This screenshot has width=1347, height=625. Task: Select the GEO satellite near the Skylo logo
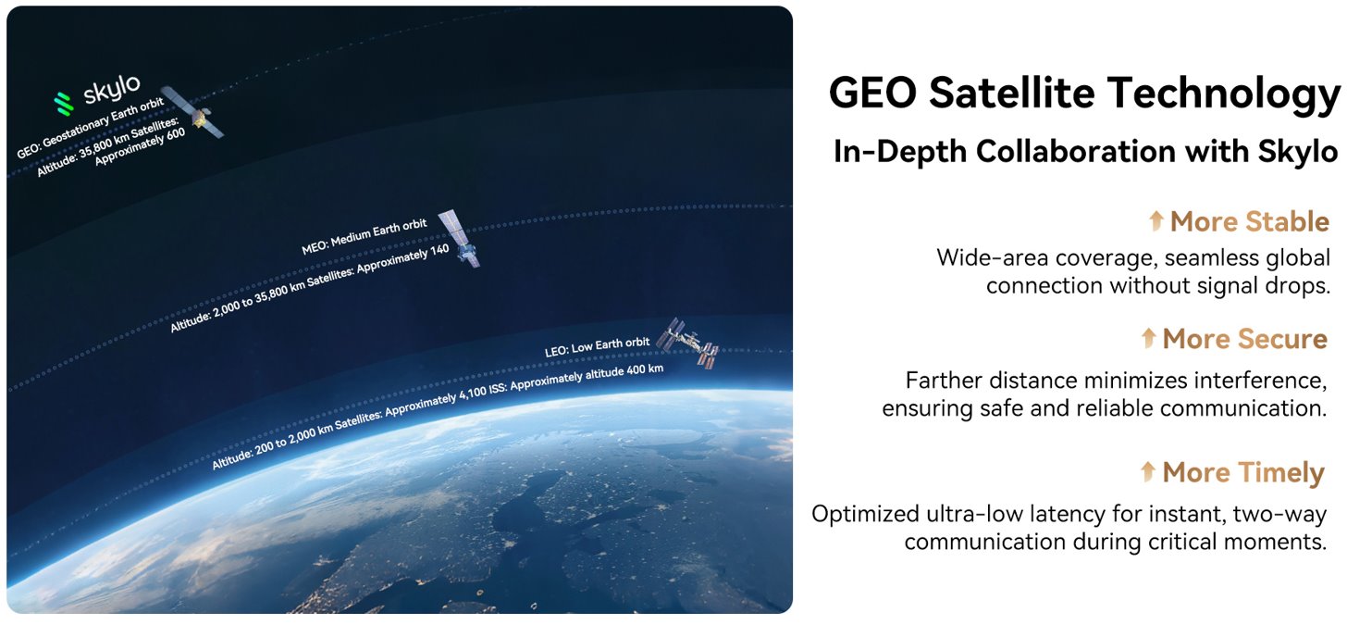pyautogui.click(x=193, y=112)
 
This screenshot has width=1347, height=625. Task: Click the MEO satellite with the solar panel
pyautogui.click(x=460, y=239)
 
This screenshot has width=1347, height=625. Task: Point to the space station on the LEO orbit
pyautogui.click(x=687, y=342)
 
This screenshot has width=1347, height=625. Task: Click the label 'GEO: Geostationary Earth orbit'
pyautogui.click(x=91, y=128)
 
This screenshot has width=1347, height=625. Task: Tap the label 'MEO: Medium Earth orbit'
pyautogui.click(x=364, y=236)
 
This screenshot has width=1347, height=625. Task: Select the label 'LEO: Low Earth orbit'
pyautogui.click(x=597, y=346)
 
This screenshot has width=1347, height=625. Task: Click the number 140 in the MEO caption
pyautogui.click(x=439, y=249)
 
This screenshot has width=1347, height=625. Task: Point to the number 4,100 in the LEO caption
pyautogui.click(x=473, y=393)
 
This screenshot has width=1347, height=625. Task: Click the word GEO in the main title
pyautogui.click(x=872, y=93)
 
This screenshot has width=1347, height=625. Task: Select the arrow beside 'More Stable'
pyautogui.click(x=1155, y=220)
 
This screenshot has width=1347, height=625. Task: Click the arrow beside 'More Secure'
pyautogui.click(x=1149, y=338)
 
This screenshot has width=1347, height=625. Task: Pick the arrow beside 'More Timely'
pyautogui.click(x=1148, y=471)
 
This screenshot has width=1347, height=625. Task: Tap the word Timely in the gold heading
pyautogui.click(x=1281, y=473)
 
